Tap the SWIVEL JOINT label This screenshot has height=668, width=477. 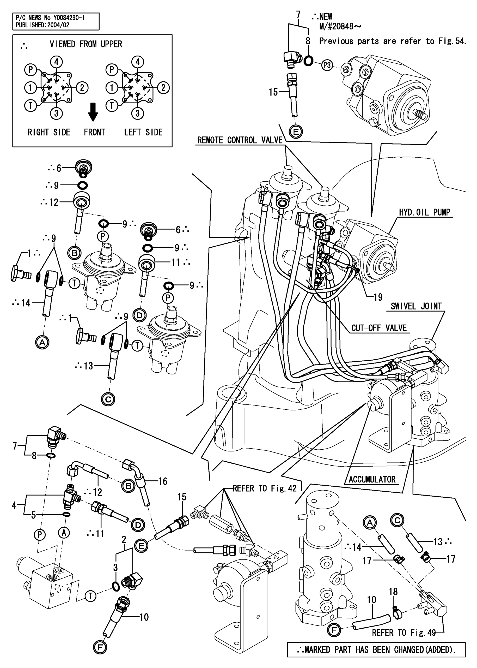(416, 306)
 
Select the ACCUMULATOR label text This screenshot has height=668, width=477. (372, 479)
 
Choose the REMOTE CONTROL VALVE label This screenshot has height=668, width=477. (240, 140)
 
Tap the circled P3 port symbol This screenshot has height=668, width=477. (327, 65)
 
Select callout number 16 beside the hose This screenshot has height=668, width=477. (163, 481)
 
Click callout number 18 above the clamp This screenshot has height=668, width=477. (393, 591)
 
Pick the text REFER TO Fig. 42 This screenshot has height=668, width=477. (265, 488)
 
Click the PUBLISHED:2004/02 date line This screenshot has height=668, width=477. (42, 25)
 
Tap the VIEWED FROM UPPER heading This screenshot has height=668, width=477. (86, 44)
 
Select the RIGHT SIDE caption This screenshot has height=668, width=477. (49, 132)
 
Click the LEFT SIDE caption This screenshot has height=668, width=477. (143, 132)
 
